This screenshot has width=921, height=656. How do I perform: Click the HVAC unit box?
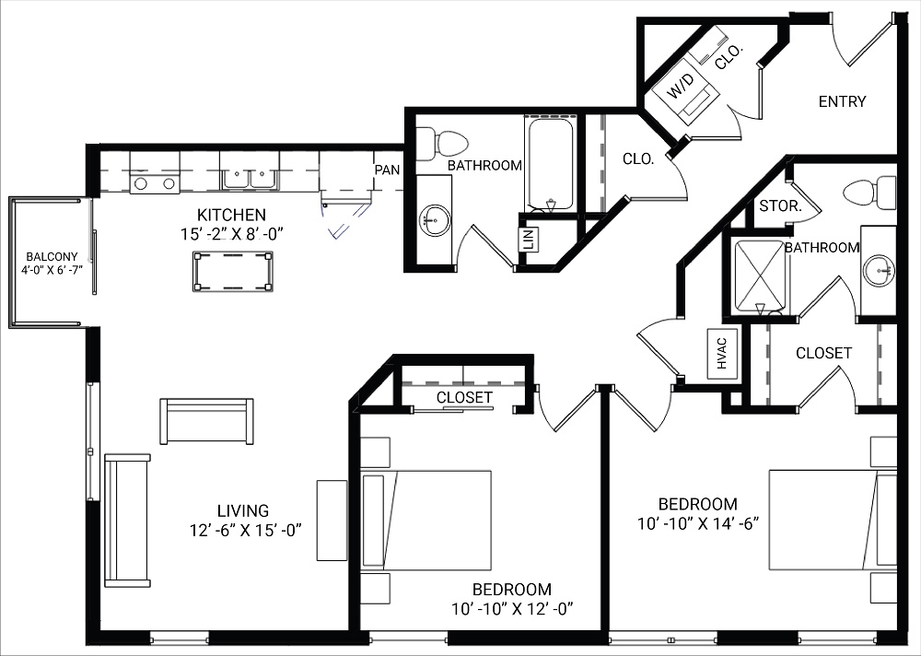[x=722, y=353]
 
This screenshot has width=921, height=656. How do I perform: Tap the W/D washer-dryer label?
[x=682, y=88]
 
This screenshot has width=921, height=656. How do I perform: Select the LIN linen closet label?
[x=528, y=239]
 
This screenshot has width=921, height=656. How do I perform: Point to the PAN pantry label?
[x=386, y=170]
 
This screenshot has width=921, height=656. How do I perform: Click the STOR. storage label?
[x=779, y=206]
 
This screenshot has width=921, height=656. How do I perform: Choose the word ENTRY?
[x=842, y=101]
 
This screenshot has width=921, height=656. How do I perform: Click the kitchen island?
[x=232, y=272]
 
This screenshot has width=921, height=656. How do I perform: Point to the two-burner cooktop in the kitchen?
[x=154, y=182]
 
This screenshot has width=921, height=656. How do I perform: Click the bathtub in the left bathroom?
[x=550, y=163]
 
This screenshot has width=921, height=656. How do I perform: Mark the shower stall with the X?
[x=760, y=276]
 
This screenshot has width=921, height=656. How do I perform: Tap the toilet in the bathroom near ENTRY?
[x=869, y=193]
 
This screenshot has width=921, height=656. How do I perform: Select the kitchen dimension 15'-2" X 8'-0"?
[x=231, y=234]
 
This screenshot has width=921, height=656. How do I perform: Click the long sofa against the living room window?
[x=127, y=520]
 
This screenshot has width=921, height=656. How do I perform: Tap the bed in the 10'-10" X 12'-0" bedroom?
[x=426, y=520]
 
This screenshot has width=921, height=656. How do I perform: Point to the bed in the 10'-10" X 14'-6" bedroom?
[x=832, y=520]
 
